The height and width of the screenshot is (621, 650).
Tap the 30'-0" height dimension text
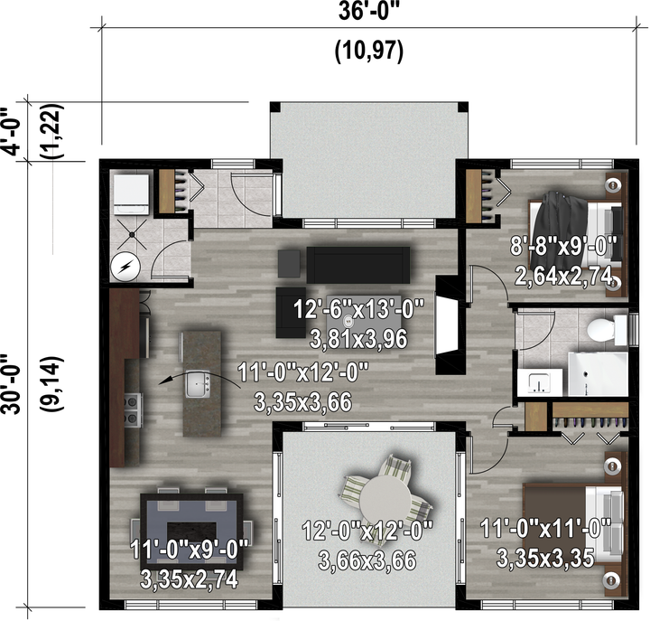[11, 384]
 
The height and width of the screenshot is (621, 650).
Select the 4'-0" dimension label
[11, 132]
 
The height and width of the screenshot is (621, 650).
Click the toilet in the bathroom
[607, 329]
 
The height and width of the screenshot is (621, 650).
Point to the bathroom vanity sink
[540, 382]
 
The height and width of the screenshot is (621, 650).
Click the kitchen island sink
[198, 383]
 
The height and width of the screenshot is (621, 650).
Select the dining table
[191, 529]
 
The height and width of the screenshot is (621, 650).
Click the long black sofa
[358, 265]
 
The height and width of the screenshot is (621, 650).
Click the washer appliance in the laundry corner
[131, 194]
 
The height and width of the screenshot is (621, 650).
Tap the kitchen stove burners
[132, 409]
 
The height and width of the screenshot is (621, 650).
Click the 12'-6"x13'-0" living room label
[359, 310]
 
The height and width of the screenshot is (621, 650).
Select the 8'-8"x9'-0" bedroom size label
[563, 246]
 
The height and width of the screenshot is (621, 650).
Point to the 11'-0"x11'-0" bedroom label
[545, 528]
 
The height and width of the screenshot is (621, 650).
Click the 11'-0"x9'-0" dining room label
[189, 550]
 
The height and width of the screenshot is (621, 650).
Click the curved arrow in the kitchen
[200, 376]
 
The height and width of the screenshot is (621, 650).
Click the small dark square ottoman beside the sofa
[290, 264]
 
